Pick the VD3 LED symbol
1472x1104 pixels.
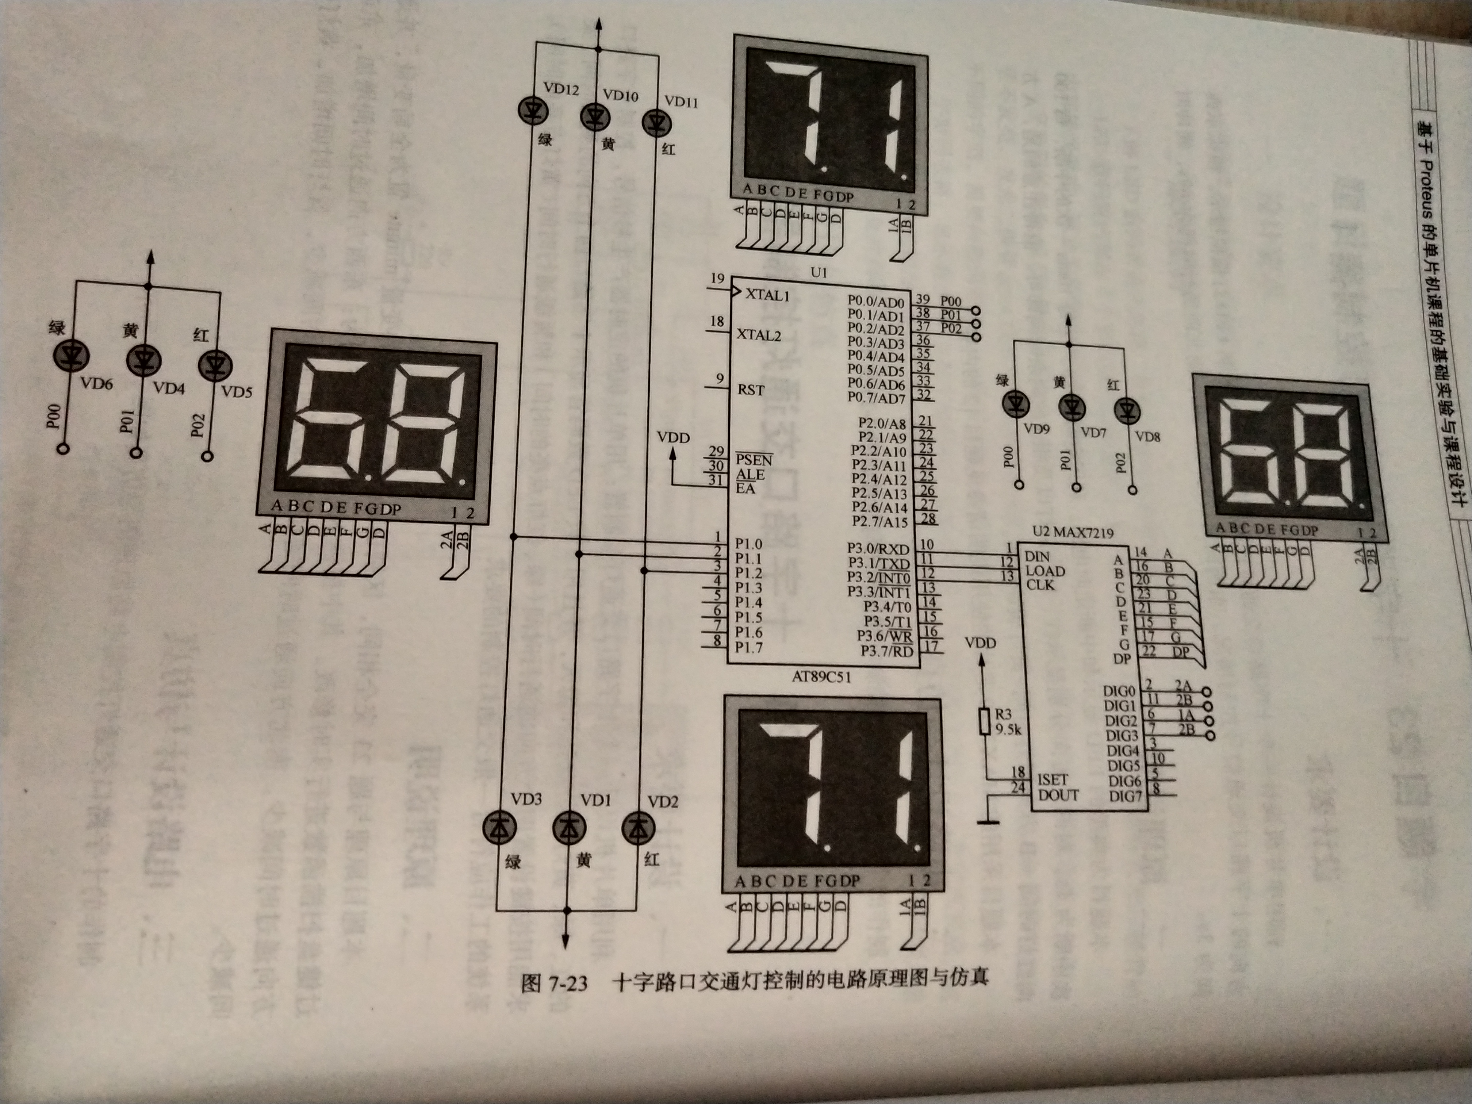(x=499, y=827)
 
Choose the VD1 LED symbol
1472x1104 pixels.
(x=569, y=827)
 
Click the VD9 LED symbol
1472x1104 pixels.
(x=1015, y=404)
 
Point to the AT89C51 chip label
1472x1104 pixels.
(x=820, y=677)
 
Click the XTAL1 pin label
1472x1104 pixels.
(x=767, y=295)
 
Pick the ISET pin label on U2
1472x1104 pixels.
(x=1052, y=779)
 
